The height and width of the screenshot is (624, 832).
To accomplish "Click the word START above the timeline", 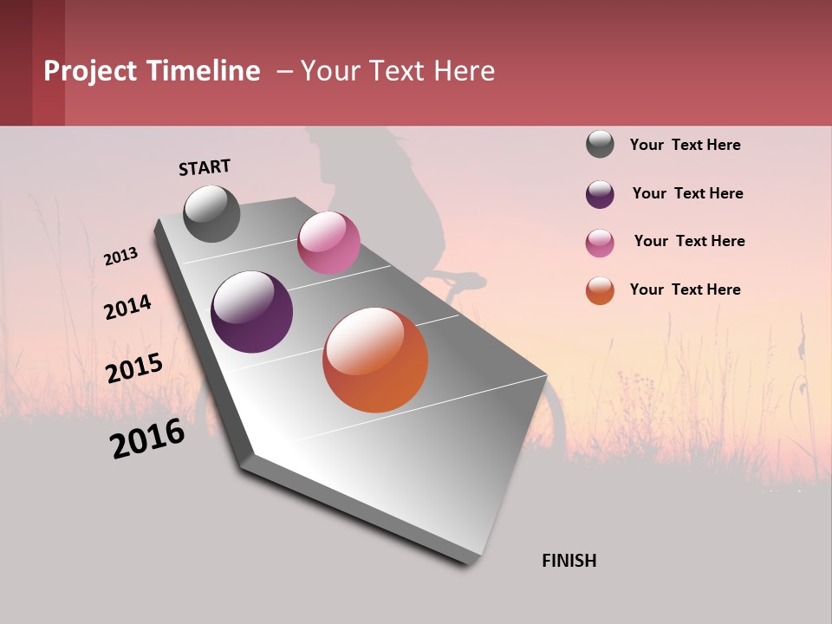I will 205,167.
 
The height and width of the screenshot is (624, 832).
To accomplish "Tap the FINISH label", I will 569,561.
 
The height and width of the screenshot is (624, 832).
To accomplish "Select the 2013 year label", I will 121,257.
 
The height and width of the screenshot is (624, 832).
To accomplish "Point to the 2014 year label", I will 128,307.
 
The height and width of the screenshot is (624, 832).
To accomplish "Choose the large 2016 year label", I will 148,439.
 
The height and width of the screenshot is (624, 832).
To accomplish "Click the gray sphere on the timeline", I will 212,214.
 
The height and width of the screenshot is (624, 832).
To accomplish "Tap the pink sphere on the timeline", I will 328,243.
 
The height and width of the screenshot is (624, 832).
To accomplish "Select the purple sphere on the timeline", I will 252,312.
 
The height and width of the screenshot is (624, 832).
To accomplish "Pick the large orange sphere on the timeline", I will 375,361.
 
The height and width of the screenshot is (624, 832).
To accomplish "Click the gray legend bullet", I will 600,144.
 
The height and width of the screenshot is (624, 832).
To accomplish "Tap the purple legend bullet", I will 600,193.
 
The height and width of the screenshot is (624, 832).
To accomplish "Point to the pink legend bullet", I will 600,242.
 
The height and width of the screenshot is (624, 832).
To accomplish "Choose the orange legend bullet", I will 600,290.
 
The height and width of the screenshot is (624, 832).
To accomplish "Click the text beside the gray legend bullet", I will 686,145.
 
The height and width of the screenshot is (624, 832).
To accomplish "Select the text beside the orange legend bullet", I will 686,289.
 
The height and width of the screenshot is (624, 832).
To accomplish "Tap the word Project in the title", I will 89,71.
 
